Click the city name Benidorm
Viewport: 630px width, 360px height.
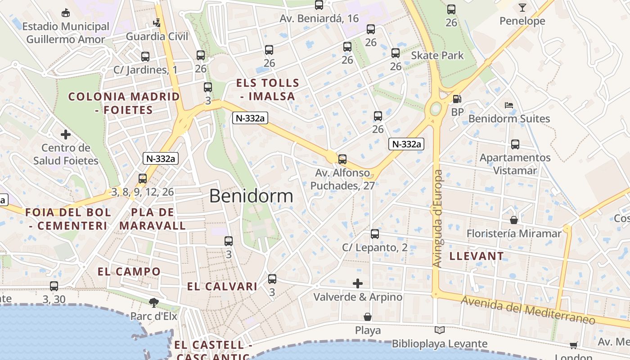tap(251, 196)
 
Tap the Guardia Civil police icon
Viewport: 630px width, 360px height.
tap(157, 22)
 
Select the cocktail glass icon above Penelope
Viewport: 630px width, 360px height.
tap(522, 7)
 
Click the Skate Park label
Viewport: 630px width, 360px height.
tap(437, 55)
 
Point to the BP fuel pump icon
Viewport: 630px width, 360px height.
tap(457, 99)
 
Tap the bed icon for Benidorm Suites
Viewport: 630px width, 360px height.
tap(509, 105)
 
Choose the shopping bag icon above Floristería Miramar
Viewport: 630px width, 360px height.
tap(513, 220)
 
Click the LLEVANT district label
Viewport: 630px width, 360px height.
tap(477, 256)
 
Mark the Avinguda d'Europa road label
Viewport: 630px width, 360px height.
tap(438, 219)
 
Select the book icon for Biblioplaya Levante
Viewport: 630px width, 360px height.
tap(439, 330)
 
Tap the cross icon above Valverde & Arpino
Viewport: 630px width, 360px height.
tap(358, 283)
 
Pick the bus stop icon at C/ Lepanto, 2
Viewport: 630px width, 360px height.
tap(375, 234)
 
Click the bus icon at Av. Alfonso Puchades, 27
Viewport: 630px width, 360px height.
tap(342, 159)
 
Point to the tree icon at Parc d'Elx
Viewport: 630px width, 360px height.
tap(154, 302)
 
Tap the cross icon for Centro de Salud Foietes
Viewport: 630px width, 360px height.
tap(66, 134)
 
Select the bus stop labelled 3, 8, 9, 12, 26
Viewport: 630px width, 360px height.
tap(143, 179)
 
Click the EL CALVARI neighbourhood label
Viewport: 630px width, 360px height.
tap(222, 287)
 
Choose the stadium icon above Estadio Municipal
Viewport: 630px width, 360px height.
tap(66, 13)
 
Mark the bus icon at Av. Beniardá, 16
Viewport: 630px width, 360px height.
tap(319, 5)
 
